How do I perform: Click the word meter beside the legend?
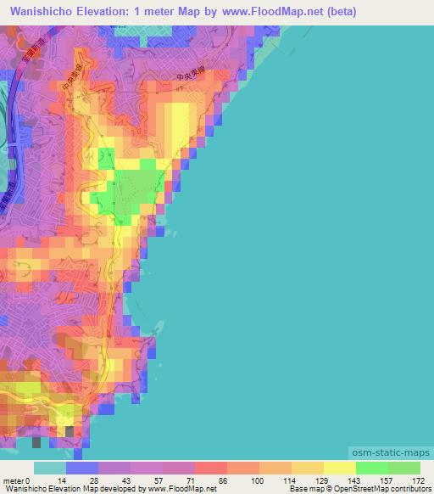(14, 480)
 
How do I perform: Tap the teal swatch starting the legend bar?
(50, 468)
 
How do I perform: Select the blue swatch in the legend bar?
(82, 468)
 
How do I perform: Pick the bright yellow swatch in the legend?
(339, 468)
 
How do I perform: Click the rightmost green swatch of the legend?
(403, 468)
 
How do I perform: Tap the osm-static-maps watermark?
(397, 455)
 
